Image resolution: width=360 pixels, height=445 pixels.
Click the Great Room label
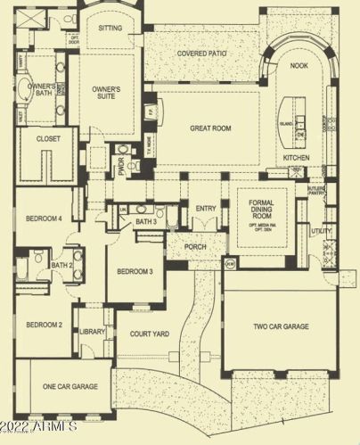[x=210, y=128]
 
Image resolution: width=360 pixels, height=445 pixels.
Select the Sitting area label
[x=110, y=28]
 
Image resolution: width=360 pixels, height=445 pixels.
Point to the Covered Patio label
[x=205, y=53]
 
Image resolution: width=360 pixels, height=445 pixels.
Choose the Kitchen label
[x=297, y=157]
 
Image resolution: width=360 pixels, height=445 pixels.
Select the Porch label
[x=195, y=247]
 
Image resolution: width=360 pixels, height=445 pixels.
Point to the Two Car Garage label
[x=281, y=327]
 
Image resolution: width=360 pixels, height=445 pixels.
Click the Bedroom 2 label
[x=43, y=325]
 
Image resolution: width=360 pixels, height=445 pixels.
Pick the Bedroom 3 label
[x=134, y=271]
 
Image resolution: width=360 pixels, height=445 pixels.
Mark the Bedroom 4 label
[x=43, y=218]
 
